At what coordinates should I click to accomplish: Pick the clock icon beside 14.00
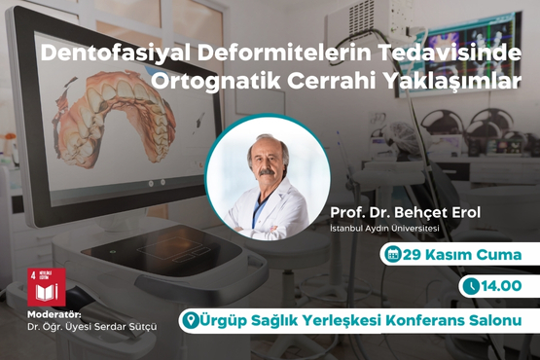point(471,286)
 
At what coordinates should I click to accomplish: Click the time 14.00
point(502,286)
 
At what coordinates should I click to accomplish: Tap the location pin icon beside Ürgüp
point(191,318)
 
